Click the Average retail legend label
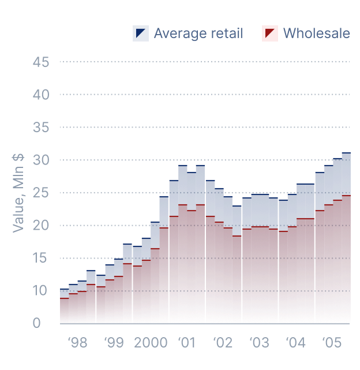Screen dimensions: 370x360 198,33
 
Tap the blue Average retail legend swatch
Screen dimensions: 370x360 141,33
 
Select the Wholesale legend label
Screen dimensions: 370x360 316,33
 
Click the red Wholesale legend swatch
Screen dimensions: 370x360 270,33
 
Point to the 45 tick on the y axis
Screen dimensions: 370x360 42,62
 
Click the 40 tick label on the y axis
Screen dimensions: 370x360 42,94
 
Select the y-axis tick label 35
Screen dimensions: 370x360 42,127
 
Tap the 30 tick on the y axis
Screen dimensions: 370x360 42,160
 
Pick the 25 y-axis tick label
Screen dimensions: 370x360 42,192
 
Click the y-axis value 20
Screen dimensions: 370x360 42,225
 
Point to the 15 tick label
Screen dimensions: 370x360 42,258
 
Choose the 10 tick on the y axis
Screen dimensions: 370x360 42,290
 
